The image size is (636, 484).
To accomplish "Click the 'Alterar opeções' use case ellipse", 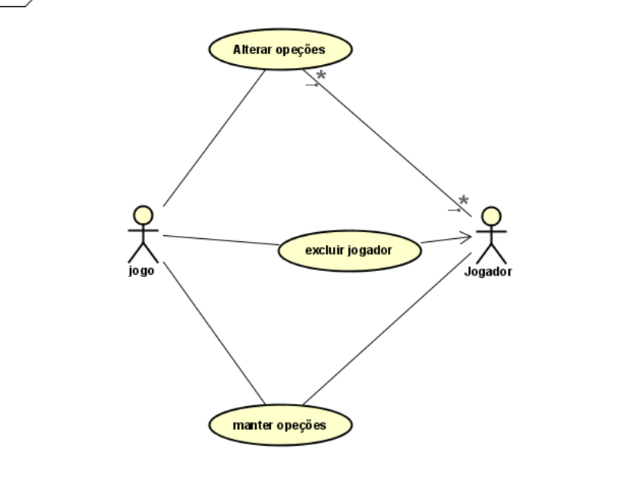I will click(x=280, y=50).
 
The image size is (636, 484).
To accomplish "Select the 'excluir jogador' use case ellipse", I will click(x=349, y=250).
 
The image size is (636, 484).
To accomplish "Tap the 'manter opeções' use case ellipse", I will click(x=280, y=425).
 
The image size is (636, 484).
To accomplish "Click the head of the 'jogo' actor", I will click(x=143, y=215).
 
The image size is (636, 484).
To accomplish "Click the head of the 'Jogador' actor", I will click(x=491, y=216).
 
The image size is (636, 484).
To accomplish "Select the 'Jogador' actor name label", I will click(x=489, y=270).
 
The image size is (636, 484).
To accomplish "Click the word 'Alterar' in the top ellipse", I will click(x=254, y=50).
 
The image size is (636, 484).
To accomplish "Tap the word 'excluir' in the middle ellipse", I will click(x=320, y=250).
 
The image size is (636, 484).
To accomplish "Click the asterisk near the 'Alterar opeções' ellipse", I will click(x=321, y=76).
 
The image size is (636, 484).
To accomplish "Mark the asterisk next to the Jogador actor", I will click(x=463, y=201).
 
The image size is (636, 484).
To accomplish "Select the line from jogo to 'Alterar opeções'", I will click(x=214, y=137).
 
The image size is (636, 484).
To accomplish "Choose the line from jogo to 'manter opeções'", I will click(x=214, y=332).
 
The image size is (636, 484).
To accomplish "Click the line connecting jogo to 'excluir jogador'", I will click(x=221, y=240).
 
